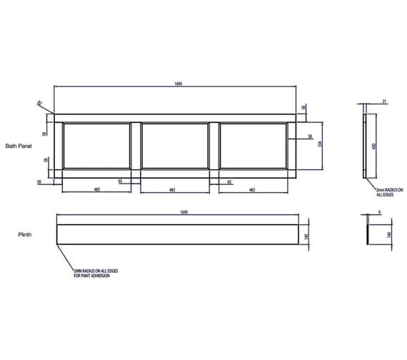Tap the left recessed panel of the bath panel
pos(97,146)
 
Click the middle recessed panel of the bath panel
pos(176,146)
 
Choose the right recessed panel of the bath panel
pos(253,146)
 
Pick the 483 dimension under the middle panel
pos(173,189)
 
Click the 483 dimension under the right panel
pos(251,189)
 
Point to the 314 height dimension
pos(320,145)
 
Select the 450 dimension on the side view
pos(373,146)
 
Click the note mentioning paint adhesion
pos(92,274)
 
